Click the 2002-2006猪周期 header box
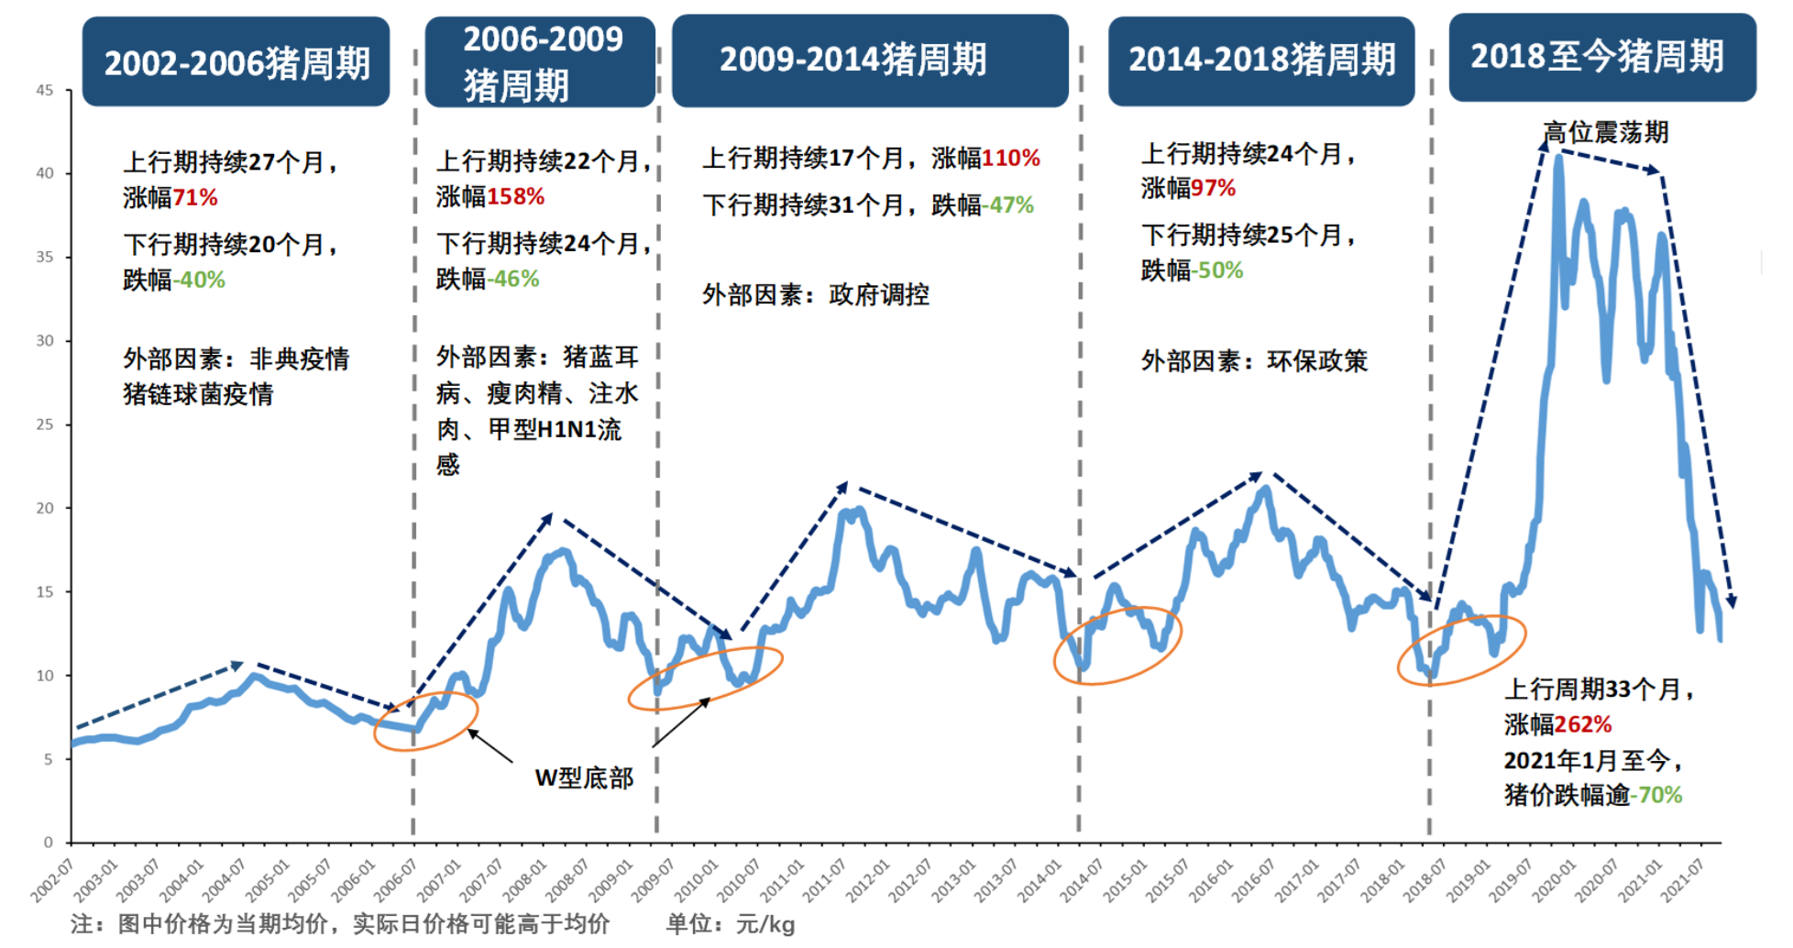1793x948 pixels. tap(236, 62)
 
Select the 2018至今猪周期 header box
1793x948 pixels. tap(1600, 57)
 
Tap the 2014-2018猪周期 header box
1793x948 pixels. tap(1261, 61)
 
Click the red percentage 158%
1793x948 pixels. tap(515, 196)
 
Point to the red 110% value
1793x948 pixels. tap(1010, 158)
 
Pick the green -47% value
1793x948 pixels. tap(1008, 204)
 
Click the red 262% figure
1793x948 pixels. tap(1582, 724)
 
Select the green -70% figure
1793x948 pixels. tap(1655, 795)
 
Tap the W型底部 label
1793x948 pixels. tap(584, 778)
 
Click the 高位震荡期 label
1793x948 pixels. tap(1605, 132)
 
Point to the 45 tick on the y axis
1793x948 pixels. tap(45, 90)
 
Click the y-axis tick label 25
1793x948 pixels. tap(45, 424)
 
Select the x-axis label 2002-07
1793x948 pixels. tap(52, 880)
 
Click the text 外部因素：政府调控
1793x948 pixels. tap(816, 294)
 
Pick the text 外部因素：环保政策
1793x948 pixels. tap(1254, 360)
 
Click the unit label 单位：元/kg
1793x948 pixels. tap(730, 924)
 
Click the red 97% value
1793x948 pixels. tap(1213, 188)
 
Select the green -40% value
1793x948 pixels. tap(199, 280)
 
